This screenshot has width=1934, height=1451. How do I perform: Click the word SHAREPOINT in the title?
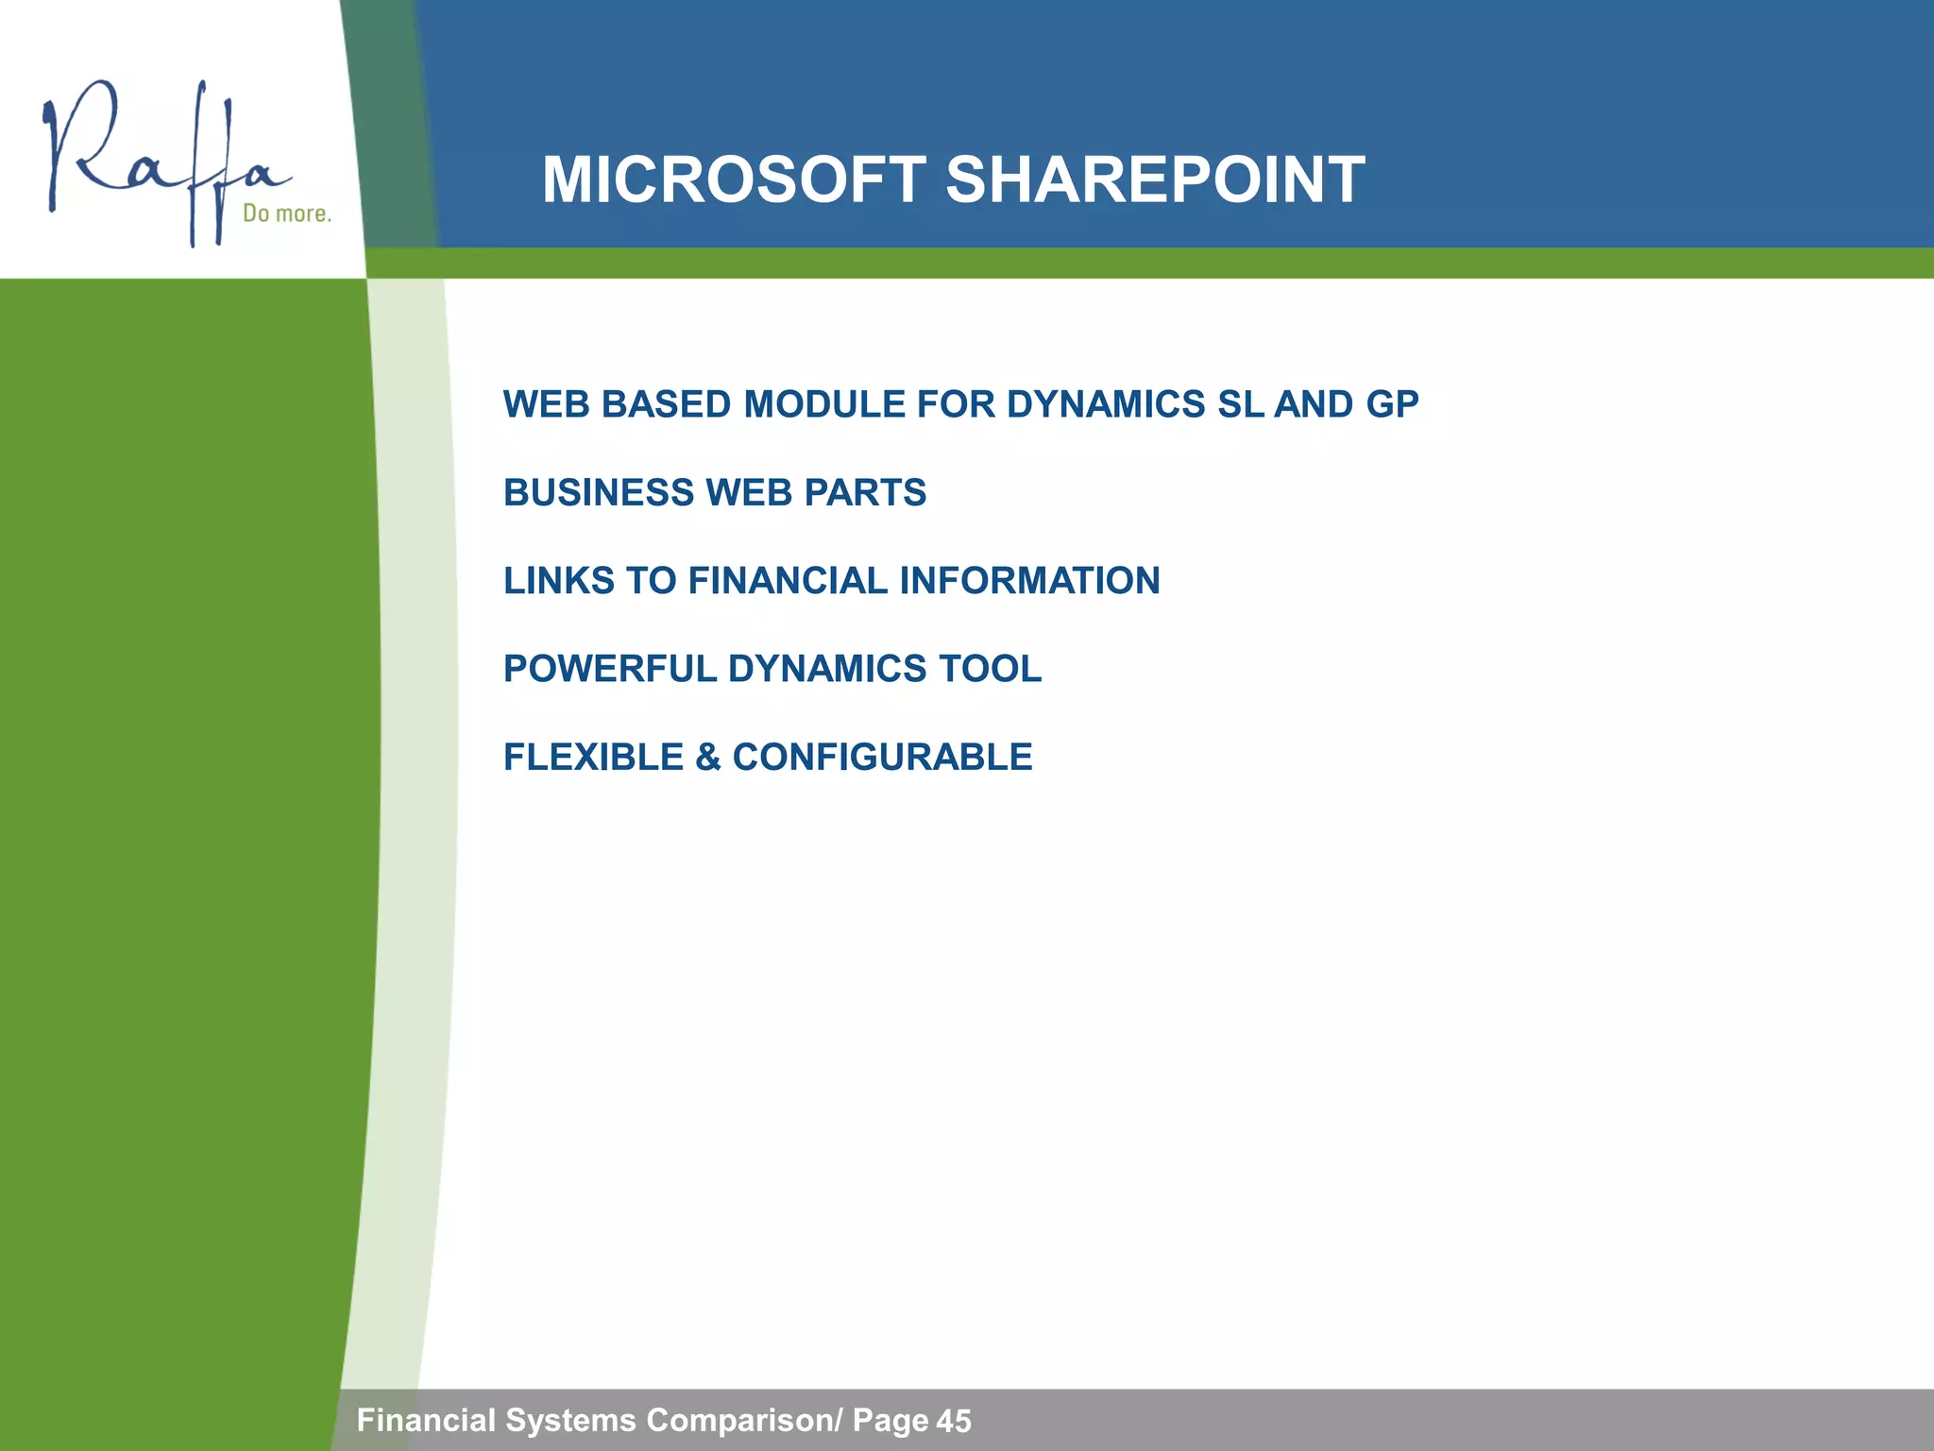pyautogui.click(x=1154, y=180)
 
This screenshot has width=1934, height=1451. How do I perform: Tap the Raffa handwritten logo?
pyautogui.click(x=161, y=161)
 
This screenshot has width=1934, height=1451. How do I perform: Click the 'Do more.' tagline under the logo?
pyautogui.click(x=287, y=213)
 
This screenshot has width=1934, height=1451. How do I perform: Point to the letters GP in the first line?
pyautogui.click(x=1392, y=404)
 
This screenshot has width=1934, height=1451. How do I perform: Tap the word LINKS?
pyautogui.click(x=558, y=581)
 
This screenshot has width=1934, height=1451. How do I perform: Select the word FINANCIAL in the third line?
pyautogui.click(x=788, y=581)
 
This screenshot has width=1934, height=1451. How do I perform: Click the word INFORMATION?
pyautogui.click(x=1029, y=581)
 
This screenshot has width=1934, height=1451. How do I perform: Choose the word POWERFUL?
pyautogui.click(x=609, y=669)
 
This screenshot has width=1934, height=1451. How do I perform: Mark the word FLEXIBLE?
pyautogui.click(x=593, y=758)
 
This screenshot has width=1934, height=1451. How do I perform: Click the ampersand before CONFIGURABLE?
pyautogui.click(x=707, y=758)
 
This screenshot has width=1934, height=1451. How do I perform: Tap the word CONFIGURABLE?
pyautogui.click(x=882, y=758)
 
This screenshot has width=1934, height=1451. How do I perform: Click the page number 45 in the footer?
pyautogui.click(x=954, y=1421)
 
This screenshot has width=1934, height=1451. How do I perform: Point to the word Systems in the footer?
pyautogui.click(x=570, y=1420)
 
